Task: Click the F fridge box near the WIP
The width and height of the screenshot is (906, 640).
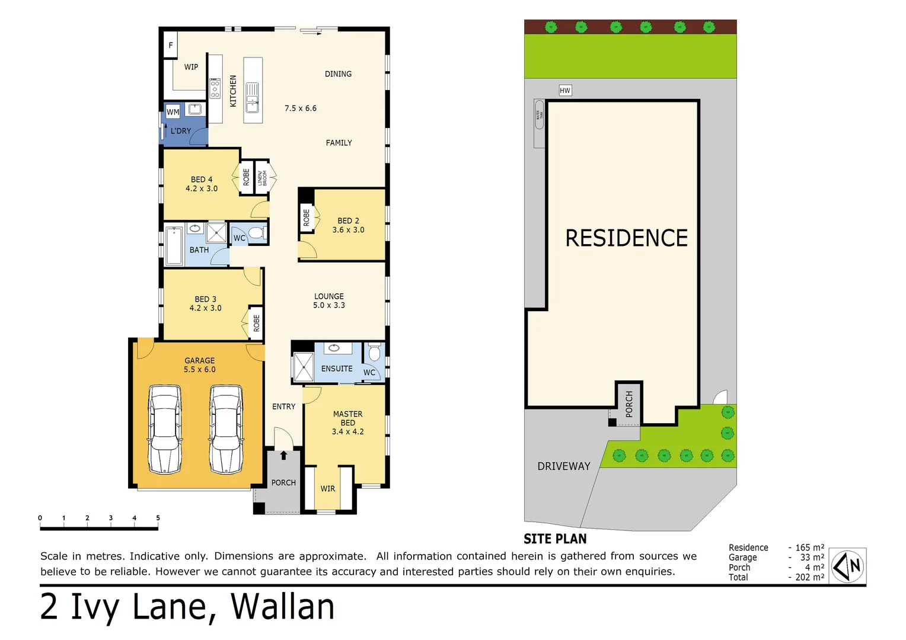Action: [x=171, y=45]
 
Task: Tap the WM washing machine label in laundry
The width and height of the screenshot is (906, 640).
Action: [x=173, y=111]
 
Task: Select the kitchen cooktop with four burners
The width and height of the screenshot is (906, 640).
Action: [x=215, y=88]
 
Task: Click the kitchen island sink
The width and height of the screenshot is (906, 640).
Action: [x=253, y=97]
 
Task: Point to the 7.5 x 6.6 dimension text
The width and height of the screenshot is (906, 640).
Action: [x=301, y=108]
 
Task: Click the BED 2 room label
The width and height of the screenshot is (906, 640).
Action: [x=348, y=220]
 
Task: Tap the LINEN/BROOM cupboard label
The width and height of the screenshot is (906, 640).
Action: [x=261, y=177]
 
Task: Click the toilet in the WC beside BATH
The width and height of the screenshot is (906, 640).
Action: [x=257, y=233]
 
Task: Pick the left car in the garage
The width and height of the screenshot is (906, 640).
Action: [x=165, y=429]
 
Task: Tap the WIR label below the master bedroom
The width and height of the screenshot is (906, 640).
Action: [x=328, y=489]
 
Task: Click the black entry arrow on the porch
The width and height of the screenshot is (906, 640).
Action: [x=283, y=455]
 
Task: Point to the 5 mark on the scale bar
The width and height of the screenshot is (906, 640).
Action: [x=158, y=518]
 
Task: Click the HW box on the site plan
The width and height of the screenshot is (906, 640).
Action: [x=565, y=91]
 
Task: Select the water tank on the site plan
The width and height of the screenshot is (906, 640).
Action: [x=539, y=123]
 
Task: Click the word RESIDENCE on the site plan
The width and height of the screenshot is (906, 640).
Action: [x=626, y=238]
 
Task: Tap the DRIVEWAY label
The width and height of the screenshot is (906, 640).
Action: [x=564, y=466]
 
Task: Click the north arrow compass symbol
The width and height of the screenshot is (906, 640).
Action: [x=847, y=567]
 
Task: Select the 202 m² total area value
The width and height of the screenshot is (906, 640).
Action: [x=809, y=577]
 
